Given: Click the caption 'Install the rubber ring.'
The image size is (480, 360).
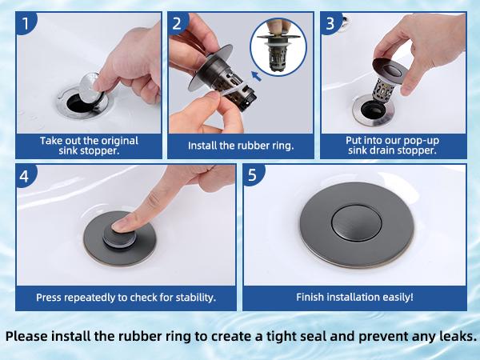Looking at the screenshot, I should point(241,146).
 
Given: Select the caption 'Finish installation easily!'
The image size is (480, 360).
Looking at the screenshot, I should point(354,297).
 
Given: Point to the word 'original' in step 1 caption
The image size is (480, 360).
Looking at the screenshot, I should point(116,140).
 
